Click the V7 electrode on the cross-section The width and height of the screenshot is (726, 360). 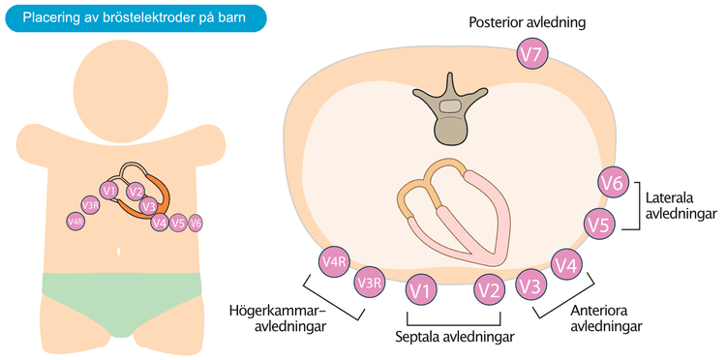532,54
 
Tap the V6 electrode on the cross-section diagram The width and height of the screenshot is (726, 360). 614,183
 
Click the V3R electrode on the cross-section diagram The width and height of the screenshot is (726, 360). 370,282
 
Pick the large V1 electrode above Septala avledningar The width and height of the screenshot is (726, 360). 421,291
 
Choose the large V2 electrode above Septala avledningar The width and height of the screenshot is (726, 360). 489,291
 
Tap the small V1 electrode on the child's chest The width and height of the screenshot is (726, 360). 109,191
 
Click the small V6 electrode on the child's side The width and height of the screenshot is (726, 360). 196,223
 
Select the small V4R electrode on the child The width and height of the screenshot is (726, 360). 75,222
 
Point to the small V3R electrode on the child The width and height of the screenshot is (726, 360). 90,204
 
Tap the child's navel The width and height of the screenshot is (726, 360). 119,253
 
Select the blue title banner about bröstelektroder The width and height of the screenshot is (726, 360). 135,18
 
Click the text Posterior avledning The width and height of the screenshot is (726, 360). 527,22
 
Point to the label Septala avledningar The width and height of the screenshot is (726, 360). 455,337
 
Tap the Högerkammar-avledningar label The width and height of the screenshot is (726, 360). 278,317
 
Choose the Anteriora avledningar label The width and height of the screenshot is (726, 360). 606,317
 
